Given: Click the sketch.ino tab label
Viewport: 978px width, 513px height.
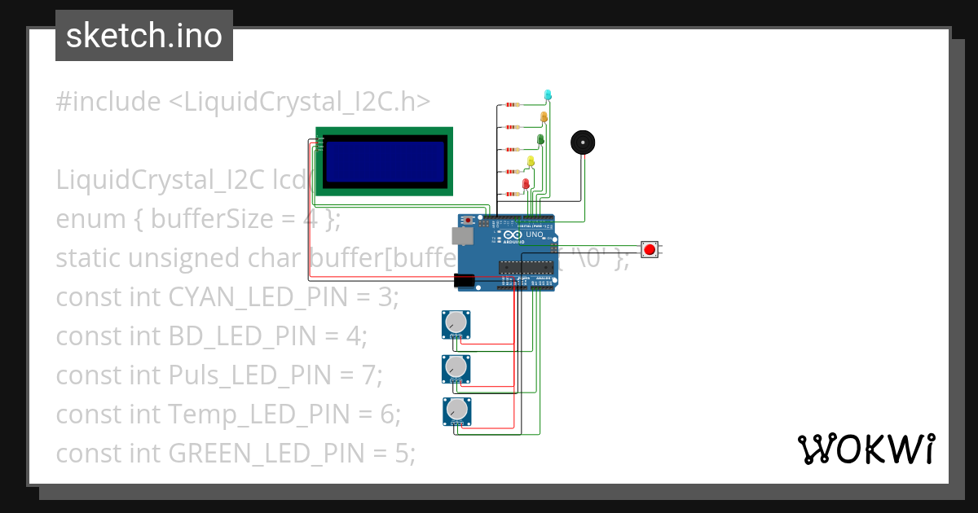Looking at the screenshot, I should pos(144,36).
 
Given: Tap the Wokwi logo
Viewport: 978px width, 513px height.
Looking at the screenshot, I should pos(866,449).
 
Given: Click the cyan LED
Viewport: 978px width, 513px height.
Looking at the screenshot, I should pos(548,95).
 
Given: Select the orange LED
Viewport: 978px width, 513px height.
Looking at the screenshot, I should pos(544,117).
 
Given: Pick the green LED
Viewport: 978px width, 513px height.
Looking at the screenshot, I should pos(539,140).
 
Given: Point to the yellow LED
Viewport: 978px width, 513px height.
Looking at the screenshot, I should pos(531,161).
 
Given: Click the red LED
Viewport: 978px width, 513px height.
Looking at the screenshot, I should pos(526,184).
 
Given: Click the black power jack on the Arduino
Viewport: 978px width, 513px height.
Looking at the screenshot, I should pos(463,281).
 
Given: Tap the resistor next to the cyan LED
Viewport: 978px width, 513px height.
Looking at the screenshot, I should pos(513,105).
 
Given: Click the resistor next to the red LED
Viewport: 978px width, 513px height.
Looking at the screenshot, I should pos(513,194).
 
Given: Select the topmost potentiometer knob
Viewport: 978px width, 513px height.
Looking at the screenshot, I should pos(456,323).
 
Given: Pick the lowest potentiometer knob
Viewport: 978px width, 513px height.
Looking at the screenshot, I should pos(456,410).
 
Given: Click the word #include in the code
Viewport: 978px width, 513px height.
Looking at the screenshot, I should pos(108,102).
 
